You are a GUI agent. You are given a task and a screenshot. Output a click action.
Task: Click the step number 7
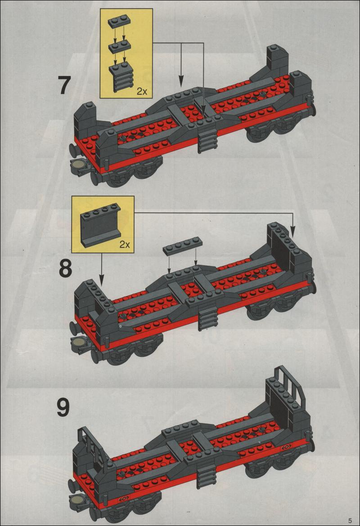[x=64, y=85]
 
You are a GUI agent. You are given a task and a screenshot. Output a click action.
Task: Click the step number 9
[x=63, y=407]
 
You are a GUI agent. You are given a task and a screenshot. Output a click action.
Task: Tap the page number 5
[x=350, y=520]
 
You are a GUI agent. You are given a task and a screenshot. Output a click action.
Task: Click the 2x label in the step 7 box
[x=142, y=91]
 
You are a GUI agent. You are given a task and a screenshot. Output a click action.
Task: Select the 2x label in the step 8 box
[x=125, y=244]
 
